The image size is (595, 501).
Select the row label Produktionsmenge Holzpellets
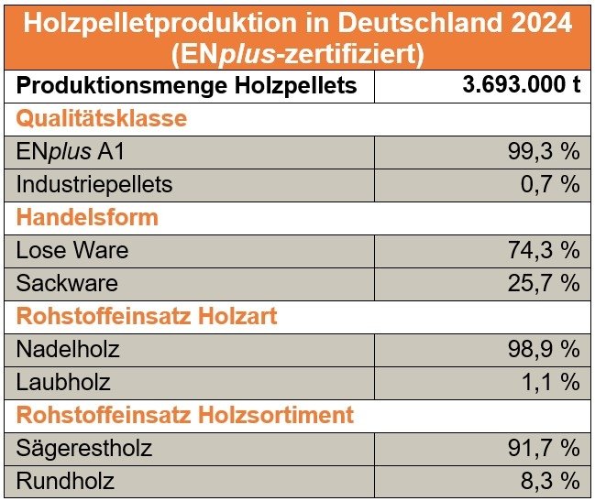[185, 87]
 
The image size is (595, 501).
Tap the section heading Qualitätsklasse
[102, 118]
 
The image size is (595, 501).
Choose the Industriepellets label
[94, 184]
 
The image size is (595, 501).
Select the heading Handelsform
[87, 217]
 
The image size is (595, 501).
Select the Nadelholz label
[68, 349]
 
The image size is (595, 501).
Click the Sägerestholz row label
[84, 448]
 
